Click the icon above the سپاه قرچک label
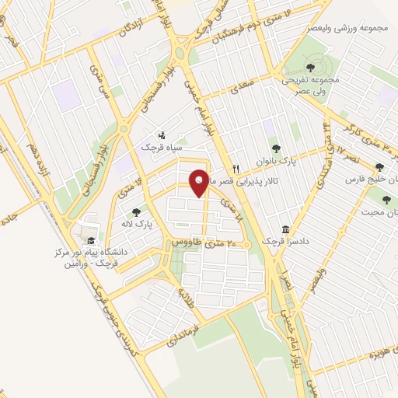click(x=162, y=134)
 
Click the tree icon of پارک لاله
click(x=138, y=211)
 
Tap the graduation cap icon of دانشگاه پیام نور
click(x=92, y=240)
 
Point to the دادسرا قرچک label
click(x=291, y=242)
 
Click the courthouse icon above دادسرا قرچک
click(x=286, y=230)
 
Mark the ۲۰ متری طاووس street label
click(x=207, y=243)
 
